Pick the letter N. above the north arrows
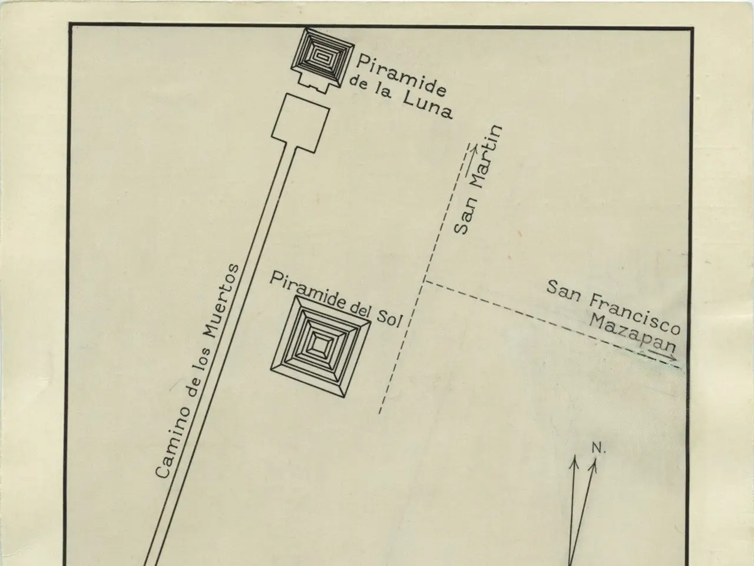point(598,449)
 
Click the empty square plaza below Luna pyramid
point(300,122)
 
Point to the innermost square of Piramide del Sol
point(321,342)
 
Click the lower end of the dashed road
point(380,412)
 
